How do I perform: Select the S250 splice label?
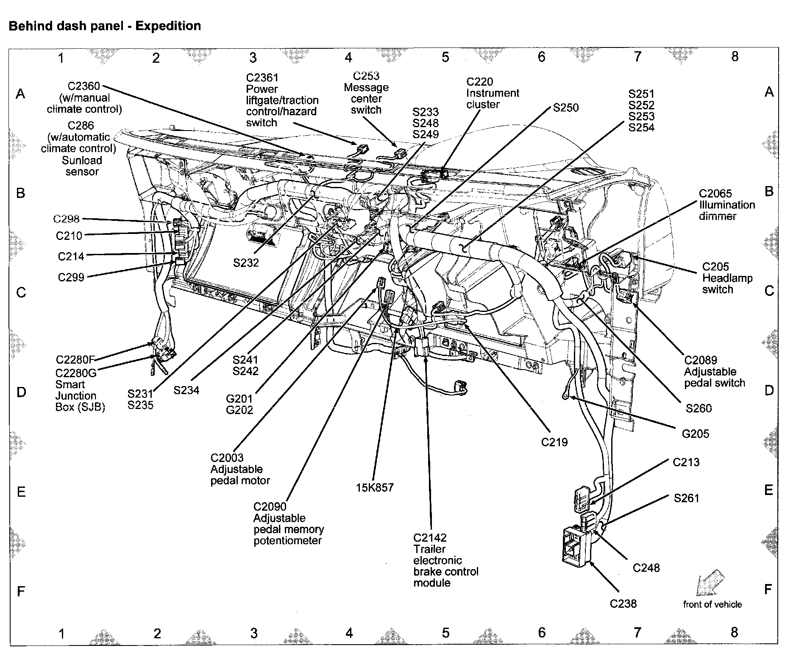point(565,108)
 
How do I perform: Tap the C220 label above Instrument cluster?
point(479,82)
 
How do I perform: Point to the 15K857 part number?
point(375,487)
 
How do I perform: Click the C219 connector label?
point(554,442)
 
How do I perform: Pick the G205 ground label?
point(695,434)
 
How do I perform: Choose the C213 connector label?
point(686,462)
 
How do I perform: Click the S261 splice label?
point(686,498)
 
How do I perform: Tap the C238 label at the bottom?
point(623,604)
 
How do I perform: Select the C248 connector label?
point(646,568)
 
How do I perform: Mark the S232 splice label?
point(246,263)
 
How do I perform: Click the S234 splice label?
point(186,390)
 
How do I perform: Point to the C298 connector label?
point(66,219)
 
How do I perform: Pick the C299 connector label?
point(71,277)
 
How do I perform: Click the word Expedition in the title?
point(168,26)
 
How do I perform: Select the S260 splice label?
point(699,409)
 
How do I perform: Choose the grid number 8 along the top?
point(735,57)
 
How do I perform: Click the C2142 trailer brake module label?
point(430,538)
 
